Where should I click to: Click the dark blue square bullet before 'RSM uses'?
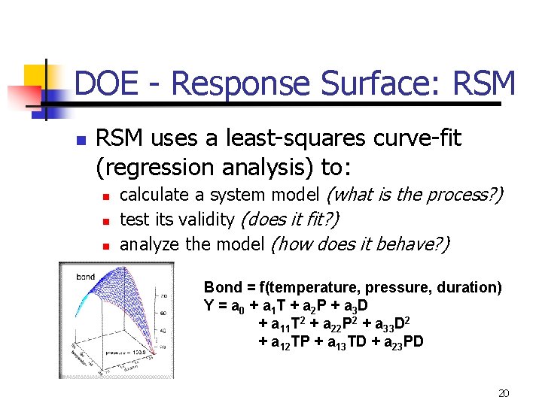(81, 141)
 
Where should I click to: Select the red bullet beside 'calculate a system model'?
(106, 197)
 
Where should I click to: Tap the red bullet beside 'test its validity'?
(106, 221)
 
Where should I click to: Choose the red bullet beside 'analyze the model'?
(106, 246)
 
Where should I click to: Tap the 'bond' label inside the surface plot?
(85, 277)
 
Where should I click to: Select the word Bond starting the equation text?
(221, 287)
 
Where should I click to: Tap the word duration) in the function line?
(471, 287)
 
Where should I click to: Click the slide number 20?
(504, 393)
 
